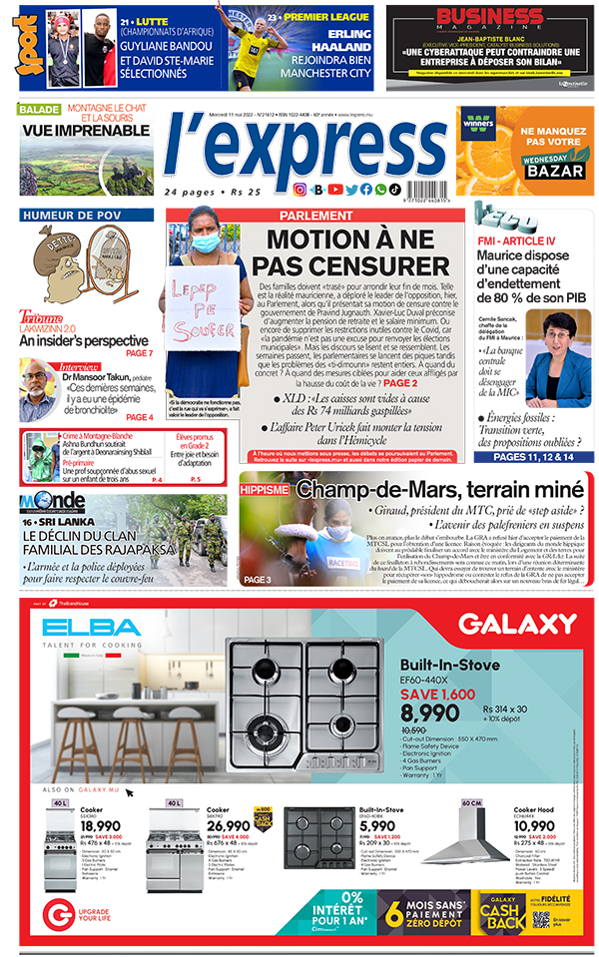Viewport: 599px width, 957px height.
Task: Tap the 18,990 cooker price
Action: [x=101, y=826]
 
